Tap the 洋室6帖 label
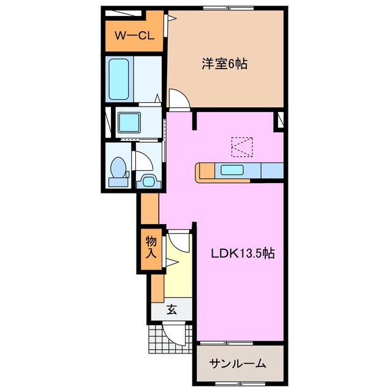coord(225,63)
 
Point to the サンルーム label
coord(238,363)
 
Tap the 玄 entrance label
coord(171,310)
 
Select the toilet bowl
coord(118,168)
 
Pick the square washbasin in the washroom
coord(129,123)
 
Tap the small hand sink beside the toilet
coord(147,180)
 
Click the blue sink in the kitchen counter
coord(233,170)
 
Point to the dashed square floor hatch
coord(241,146)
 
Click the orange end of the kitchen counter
coord(200,172)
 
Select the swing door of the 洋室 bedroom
coord(178,99)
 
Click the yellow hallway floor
coord(178,276)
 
